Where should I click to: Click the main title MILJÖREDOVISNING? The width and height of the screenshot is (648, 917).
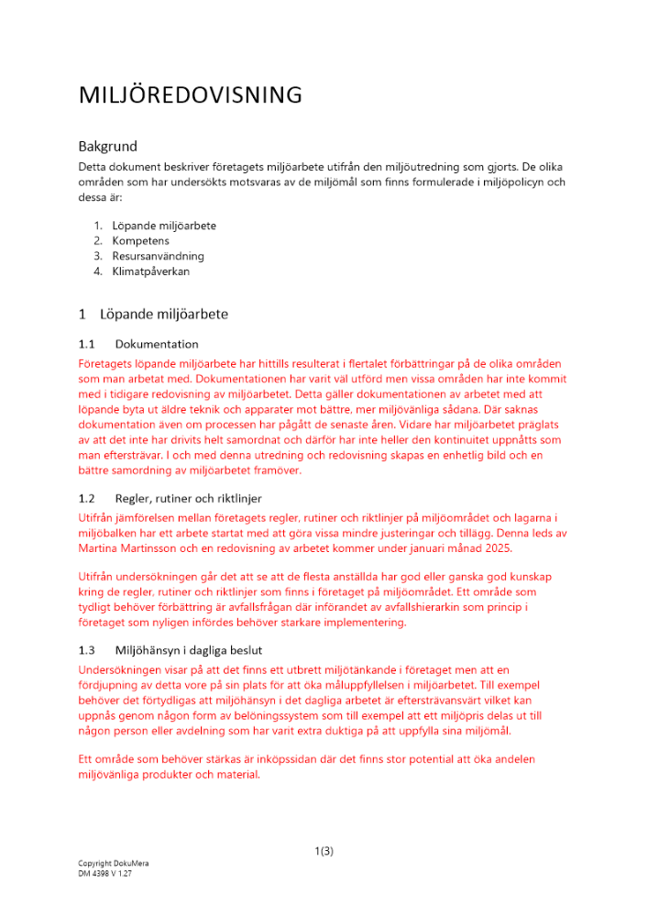click(190, 95)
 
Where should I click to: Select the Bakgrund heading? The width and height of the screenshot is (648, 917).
click(107, 146)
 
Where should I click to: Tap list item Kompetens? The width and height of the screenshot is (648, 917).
click(140, 241)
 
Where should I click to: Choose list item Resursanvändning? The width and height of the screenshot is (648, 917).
click(158, 257)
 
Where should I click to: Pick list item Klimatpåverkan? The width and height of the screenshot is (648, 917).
click(151, 271)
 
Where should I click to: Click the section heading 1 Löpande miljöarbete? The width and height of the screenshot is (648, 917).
click(153, 314)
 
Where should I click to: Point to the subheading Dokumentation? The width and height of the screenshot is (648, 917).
click(157, 345)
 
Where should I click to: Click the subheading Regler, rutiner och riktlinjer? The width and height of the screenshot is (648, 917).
click(189, 499)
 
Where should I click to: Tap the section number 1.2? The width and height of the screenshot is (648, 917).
click(87, 499)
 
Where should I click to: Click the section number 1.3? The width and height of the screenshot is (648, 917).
click(87, 649)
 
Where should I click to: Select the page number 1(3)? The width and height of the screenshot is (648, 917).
click(324, 852)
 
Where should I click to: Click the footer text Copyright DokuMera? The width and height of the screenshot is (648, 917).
click(114, 864)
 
